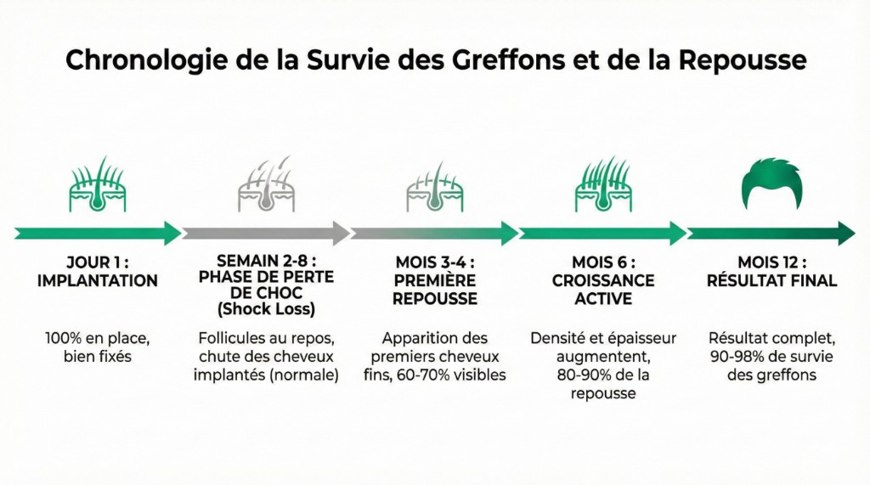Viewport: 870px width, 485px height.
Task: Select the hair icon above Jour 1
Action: [98, 184]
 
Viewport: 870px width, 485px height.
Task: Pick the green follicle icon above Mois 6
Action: [602, 184]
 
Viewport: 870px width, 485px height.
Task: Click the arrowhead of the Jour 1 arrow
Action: [172, 233]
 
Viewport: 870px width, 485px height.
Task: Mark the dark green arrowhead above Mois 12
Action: [846, 233]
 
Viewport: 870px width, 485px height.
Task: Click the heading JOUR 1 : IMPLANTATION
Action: [98, 271]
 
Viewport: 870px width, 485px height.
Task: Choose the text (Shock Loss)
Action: [266, 307]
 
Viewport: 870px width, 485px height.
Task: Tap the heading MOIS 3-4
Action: [435, 262]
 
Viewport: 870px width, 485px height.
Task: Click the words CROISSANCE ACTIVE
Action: [603, 290]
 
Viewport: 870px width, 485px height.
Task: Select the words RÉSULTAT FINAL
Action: [772, 280]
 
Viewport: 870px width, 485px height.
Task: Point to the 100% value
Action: [65, 339]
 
